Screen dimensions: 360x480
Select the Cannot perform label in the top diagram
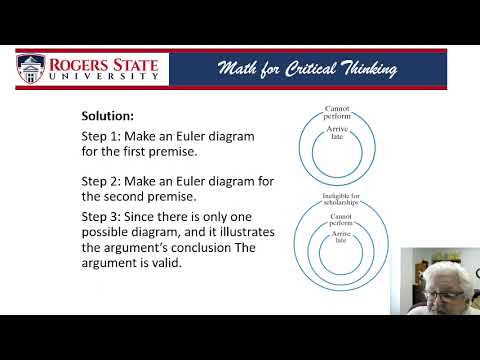click(x=335, y=113)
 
